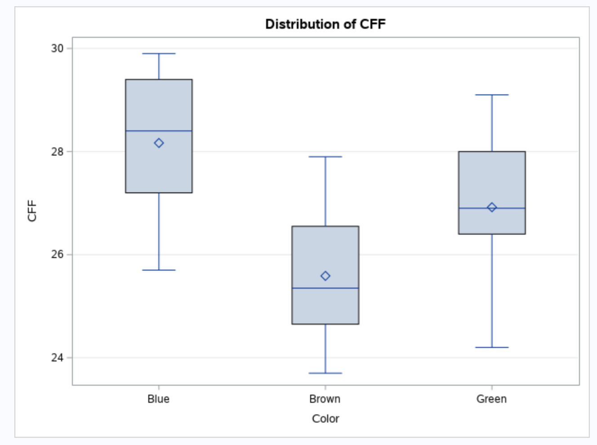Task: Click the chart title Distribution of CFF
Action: [325, 24]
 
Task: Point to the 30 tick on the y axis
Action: [58, 48]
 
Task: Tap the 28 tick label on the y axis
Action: [58, 151]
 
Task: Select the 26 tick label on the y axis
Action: [58, 254]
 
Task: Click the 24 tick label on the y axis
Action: [58, 358]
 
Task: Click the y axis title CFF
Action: [32, 210]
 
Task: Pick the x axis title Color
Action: [325, 418]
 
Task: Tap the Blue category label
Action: [158, 399]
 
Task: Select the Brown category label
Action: [325, 399]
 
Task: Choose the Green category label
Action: [491, 399]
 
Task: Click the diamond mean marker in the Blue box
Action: [159, 143]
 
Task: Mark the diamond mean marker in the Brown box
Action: [325, 276]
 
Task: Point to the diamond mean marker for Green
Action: [492, 207]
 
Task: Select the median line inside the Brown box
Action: [306, 288]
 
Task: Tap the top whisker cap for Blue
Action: [159, 53]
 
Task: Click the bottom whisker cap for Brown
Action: [325, 373]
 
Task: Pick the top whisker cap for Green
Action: [492, 95]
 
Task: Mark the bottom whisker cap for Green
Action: [492, 347]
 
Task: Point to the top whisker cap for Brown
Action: [325, 157]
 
